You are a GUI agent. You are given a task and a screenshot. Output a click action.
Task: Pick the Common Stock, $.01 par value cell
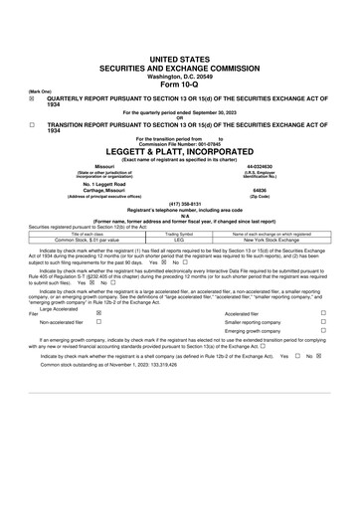[x=72, y=240]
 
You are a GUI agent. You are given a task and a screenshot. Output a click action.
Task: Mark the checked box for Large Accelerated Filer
[x=97, y=312]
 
